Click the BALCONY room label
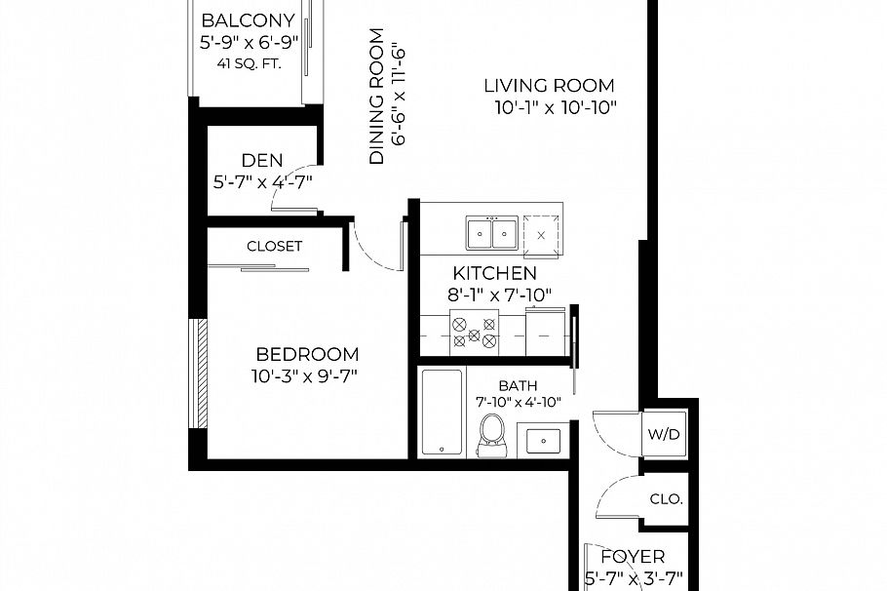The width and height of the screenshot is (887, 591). tap(248, 20)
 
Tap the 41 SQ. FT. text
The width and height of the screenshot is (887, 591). tap(248, 65)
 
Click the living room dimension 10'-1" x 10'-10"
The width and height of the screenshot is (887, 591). tap(555, 108)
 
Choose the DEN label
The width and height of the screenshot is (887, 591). tap(262, 160)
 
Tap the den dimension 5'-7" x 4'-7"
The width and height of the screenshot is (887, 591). tap(262, 180)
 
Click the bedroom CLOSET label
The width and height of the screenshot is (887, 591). tap(274, 247)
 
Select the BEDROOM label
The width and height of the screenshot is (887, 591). tap(307, 355)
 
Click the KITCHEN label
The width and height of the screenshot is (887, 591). tap(494, 273)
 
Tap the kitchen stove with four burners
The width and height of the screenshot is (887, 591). tap(474, 335)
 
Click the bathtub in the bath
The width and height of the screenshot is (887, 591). tap(443, 412)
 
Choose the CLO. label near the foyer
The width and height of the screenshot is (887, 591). tap(667, 499)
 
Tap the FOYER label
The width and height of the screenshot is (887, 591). tap(633, 557)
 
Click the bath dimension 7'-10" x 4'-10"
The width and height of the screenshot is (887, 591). tap(519, 402)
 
